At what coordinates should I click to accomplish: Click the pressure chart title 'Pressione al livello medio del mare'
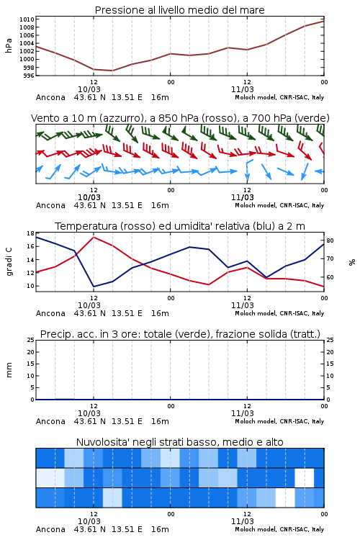tap(179, 10)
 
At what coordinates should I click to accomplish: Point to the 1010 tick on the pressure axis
tap(27, 19)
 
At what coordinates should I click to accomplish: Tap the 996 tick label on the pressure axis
tap(30, 76)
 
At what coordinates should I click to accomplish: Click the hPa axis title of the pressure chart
tap(9, 45)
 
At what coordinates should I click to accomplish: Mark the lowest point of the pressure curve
tap(112, 71)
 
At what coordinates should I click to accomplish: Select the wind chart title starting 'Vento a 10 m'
tap(180, 118)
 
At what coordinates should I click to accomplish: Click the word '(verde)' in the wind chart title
tap(313, 118)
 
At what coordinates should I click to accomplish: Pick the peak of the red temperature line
tap(94, 237)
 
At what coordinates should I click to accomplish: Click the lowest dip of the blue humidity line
tap(94, 287)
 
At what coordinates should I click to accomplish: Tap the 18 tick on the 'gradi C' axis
tap(31, 233)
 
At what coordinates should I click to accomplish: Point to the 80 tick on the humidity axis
tap(330, 240)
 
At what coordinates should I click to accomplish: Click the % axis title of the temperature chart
tap(352, 262)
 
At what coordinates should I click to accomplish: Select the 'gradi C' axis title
tap(9, 262)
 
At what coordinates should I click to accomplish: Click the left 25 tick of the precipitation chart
tap(31, 340)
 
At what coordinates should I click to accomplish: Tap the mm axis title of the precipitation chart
tap(9, 370)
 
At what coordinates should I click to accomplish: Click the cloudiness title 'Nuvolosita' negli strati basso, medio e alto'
tap(179, 442)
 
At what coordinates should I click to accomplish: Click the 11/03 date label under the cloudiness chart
tap(242, 521)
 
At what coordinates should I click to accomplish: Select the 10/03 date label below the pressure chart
tap(89, 89)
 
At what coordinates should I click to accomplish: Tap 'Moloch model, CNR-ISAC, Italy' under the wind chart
tap(279, 205)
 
